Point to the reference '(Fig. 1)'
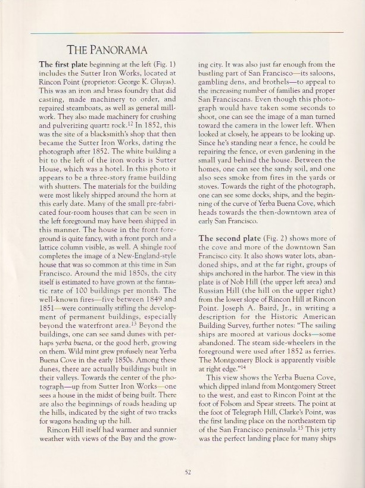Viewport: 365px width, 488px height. (x=163, y=64)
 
